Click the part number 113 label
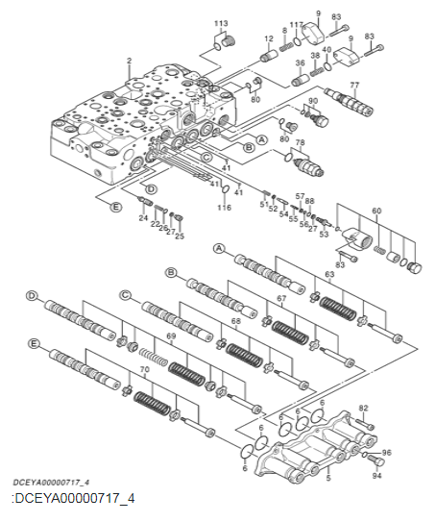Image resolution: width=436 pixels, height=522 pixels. [220, 22]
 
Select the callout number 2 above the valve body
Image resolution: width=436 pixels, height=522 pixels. [128, 62]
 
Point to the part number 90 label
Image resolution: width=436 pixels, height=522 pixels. [313, 101]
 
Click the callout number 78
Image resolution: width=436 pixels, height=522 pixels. [300, 143]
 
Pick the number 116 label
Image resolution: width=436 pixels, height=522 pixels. [224, 208]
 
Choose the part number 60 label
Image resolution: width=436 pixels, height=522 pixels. [376, 211]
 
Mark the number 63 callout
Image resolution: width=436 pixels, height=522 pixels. [329, 274]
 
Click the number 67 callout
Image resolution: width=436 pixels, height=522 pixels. [283, 299]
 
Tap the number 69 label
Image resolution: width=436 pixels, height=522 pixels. [171, 336]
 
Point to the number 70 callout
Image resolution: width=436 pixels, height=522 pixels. [144, 368]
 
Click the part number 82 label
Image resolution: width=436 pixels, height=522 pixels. [363, 409]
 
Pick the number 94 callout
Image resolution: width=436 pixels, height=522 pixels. [377, 476]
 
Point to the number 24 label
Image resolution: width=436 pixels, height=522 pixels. [142, 217]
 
